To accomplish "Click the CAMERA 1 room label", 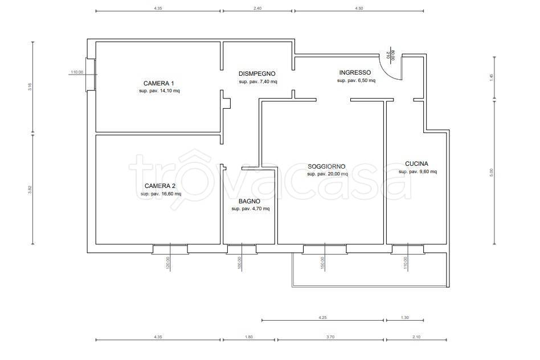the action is tap(158, 83).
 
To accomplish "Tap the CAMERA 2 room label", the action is tap(160, 186).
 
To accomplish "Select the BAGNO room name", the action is tap(249, 201).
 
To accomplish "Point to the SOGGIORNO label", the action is tap(326, 166).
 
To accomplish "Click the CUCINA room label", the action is tap(417, 163).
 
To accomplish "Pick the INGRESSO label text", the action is tap(355, 72).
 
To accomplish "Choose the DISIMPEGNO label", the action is tap(257, 73).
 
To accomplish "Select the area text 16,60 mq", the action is tap(171, 194).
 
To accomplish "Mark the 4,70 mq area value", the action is tap(260, 208).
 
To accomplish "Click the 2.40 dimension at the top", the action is tap(257, 9).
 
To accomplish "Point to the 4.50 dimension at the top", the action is tap(358, 9).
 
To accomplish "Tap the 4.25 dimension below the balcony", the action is tap(322, 318).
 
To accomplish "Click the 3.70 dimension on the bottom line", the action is tap(330, 337).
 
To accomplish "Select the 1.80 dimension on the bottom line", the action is tap(248, 337).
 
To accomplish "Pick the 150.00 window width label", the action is tap(322, 263).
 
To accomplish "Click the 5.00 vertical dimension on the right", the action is tap(492, 172).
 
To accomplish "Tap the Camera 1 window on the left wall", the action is tap(91, 75).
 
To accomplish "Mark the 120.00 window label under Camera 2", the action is tap(168, 264).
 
